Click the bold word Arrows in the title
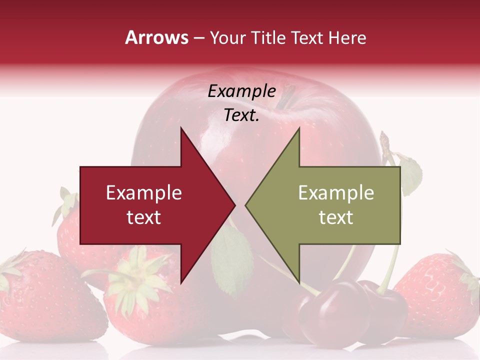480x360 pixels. click(157, 37)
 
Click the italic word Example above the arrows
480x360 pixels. click(241, 91)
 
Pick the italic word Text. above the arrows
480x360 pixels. click(241, 115)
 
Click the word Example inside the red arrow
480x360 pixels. click(143, 192)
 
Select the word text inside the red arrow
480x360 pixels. click(143, 217)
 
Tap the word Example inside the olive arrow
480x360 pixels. click(336, 192)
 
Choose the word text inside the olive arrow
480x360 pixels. click(336, 217)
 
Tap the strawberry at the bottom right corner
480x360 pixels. click(440, 295)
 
